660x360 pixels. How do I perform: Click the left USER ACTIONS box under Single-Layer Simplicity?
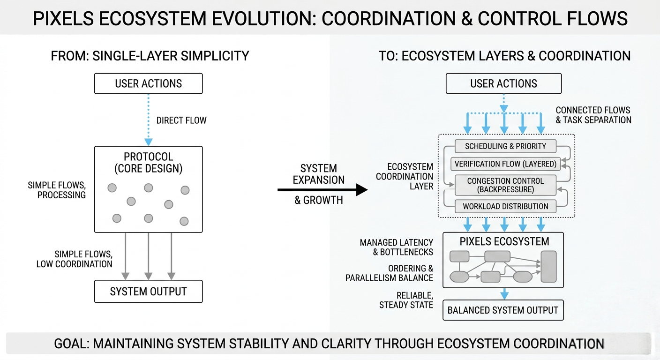tap(148, 84)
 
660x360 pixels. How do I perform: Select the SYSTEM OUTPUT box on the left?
tap(148, 292)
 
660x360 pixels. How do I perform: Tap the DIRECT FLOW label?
tap(181, 120)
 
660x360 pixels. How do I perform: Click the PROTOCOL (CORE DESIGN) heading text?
tap(148, 162)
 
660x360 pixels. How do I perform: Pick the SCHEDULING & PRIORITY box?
tap(505, 146)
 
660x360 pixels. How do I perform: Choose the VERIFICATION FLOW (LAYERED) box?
tap(503, 164)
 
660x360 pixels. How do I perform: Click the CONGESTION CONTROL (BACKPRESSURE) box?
tap(505, 186)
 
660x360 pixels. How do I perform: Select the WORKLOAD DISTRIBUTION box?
tap(505, 206)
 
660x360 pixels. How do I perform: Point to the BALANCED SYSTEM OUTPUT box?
tap(503, 310)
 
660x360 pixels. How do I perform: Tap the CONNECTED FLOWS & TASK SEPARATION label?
tap(593, 115)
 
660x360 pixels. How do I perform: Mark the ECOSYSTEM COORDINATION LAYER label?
tap(404, 176)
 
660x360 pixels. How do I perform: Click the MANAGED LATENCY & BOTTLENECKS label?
tap(397, 247)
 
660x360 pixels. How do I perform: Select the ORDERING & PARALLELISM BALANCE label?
tap(389, 273)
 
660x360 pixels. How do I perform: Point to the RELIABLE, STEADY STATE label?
tap(406, 300)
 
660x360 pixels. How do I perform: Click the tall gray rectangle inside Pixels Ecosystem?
tap(548, 266)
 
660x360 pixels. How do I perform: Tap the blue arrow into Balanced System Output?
tap(504, 294)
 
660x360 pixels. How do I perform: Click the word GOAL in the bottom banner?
tap(71, 344)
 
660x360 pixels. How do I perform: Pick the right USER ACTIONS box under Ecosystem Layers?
tap(503, 84)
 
